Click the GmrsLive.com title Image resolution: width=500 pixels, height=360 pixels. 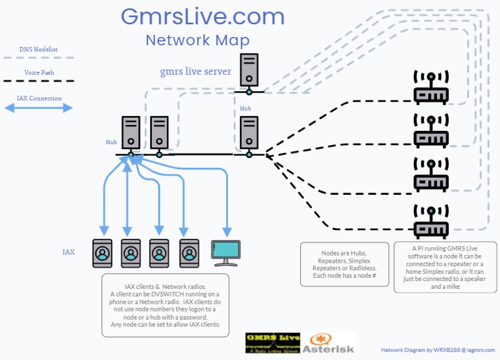click(x=203, y=17)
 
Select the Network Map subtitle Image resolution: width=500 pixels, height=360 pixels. click(x=198, y=40)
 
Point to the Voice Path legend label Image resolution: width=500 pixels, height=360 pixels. click(x=39, y=72)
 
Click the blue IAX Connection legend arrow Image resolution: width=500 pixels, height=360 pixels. click(x=39, y=108)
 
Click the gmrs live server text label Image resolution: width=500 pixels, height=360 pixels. click(x=195, y=71)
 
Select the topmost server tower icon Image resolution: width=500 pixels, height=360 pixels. click(x=249, y=70)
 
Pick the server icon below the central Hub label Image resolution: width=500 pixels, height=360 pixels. click(x=249, y=133)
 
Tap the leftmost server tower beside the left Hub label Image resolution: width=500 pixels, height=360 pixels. click(x=131, y=133)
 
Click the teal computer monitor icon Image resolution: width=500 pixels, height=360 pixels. click(x=226, y=252)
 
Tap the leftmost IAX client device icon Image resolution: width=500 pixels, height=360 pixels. click(x=102, y=253)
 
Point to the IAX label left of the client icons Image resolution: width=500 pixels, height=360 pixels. click(x=68, y=252)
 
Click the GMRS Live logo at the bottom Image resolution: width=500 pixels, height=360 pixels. click(x=273, y=343)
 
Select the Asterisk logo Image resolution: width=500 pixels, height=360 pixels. click(x=328, y=343)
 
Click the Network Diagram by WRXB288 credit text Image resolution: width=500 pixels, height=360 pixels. click(x=438, y=350)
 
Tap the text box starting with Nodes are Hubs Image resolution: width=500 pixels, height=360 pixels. click(x=344, y=264)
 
